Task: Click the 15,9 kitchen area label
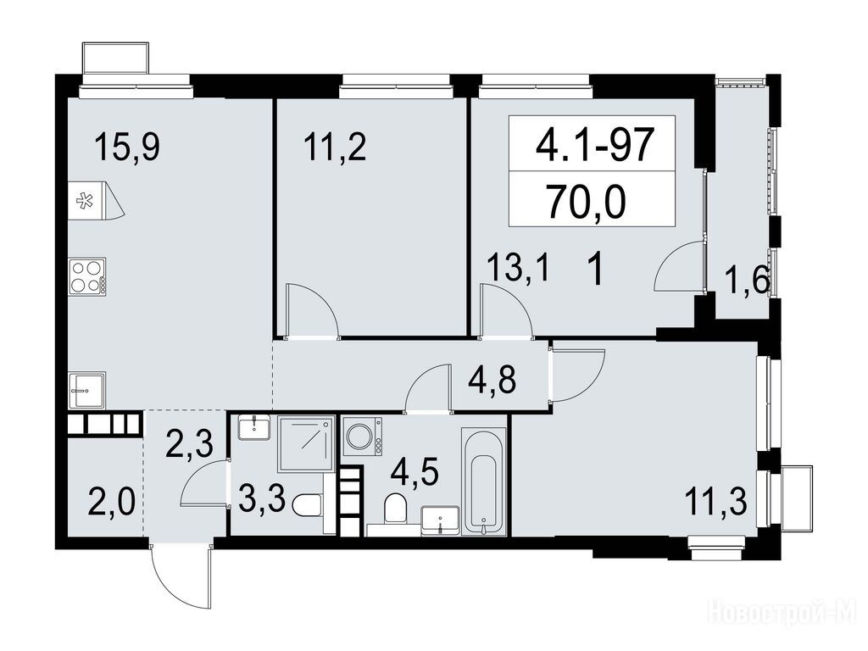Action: click(x=127, y=147)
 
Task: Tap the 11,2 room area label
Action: click(x=335, y=147)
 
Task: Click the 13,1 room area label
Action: click(x=518, y=270)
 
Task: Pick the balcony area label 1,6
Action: click(x=748, y=283)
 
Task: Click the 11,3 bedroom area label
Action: click(x=715, y=503)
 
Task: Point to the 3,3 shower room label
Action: click(x=263, y=501)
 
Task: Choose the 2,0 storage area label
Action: click(x=111, y=504)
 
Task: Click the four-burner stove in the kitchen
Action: click(x=87, y=275)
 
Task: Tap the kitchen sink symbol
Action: click(x=87, y=391)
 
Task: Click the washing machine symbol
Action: click(x=363, y=437)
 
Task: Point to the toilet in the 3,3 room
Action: click(x=307, y=505)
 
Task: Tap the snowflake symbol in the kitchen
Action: click(x=84, y=200)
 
